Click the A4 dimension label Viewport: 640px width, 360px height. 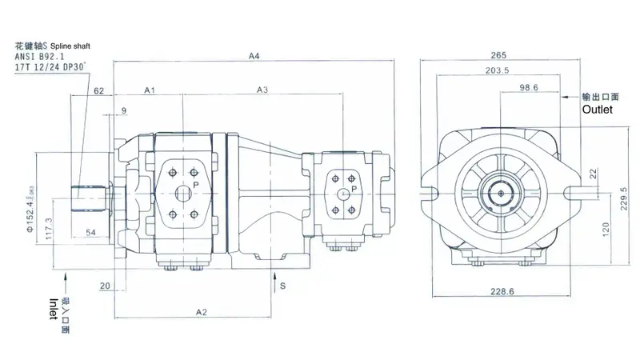255,56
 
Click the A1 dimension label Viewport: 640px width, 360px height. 149,90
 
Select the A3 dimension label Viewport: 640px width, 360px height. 262,90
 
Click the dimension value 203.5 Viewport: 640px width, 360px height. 498,71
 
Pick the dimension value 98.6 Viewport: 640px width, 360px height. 529,87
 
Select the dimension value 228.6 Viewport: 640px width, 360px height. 502,292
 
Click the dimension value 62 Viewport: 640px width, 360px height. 99,92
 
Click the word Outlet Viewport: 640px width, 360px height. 597,110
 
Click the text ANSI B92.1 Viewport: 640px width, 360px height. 40,57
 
